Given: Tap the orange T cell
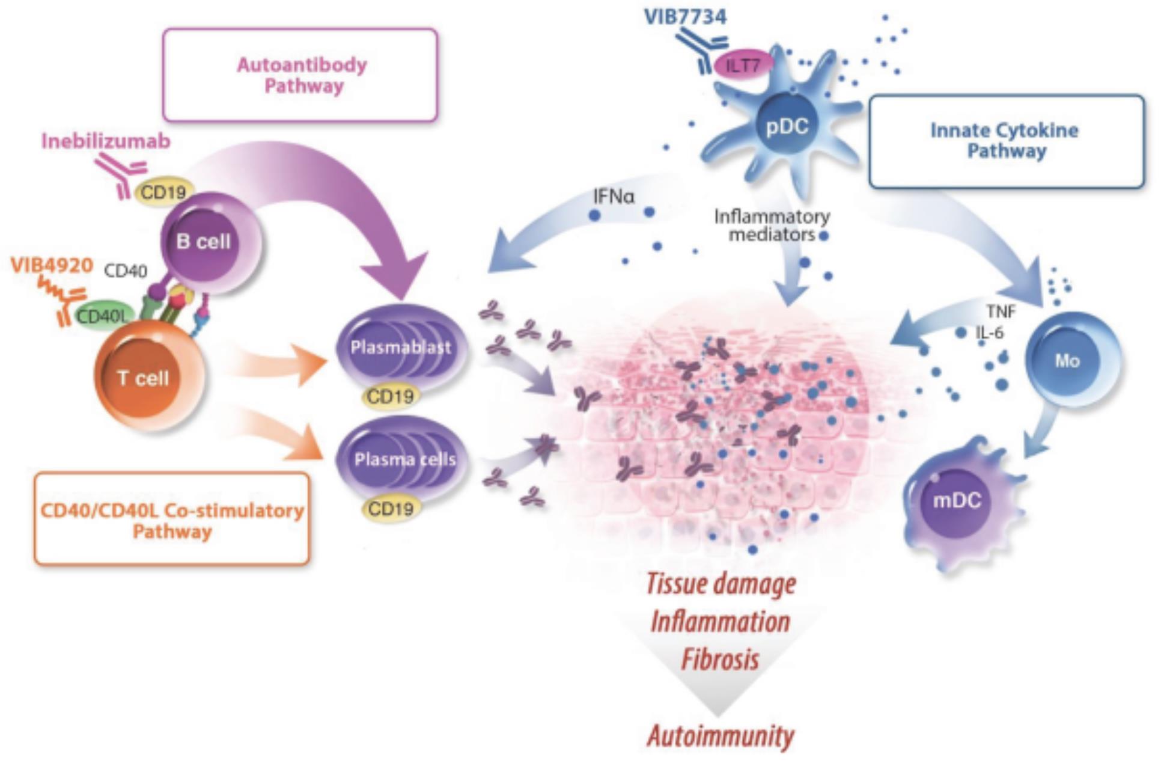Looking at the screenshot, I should point(144,378).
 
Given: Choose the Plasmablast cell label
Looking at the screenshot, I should point(401,348).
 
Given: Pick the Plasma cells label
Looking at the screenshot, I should point(405,460).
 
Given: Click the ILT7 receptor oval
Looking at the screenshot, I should point(743,65).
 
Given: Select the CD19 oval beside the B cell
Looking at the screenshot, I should point(163,192).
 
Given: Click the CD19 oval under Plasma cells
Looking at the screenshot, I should point(391,509).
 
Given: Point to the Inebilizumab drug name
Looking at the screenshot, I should point(106,141).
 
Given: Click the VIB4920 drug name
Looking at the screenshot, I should point(52,265).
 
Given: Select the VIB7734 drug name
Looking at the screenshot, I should point(685,16).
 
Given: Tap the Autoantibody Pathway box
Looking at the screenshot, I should point(300,75).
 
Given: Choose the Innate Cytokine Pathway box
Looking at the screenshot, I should point(1005,141).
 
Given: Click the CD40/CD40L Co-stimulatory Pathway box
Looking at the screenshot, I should point(172,520).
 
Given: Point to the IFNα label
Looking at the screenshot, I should point(614,197).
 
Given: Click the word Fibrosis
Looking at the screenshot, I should point(720,660).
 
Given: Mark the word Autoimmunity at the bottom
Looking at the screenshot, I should point(721,736).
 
